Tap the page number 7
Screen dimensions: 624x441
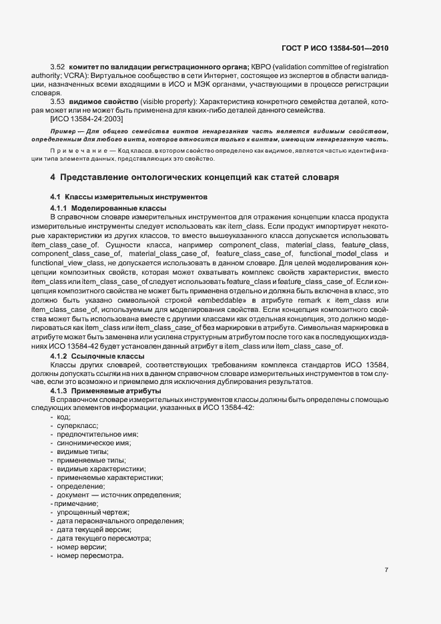pyautogui.click(x=386, y=570)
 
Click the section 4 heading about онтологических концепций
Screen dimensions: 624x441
pyautogui.click(x=195, y=178)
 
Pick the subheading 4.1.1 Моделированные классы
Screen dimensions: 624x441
pyautogui.click(x=108, y=209)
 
